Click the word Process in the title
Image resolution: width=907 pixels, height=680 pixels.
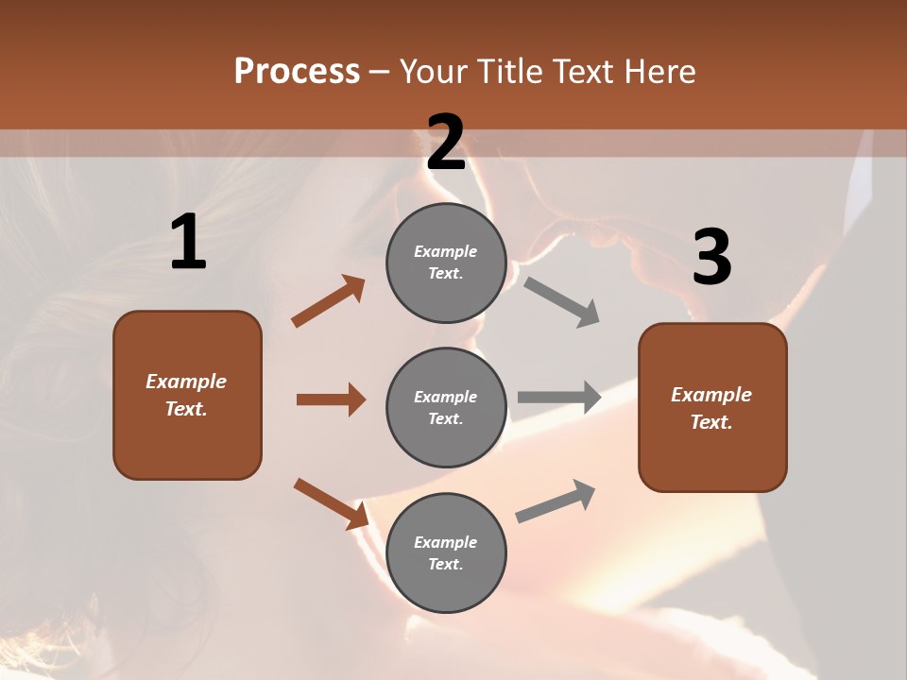coord(297,72)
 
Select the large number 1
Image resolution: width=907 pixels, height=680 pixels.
coord(188,243)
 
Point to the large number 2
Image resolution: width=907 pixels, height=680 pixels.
coord(446,143)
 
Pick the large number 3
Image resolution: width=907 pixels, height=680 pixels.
coord(711,257)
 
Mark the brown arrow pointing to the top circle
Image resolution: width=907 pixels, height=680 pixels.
coord(329,301)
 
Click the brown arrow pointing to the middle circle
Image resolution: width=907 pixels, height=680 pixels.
coord(331,399)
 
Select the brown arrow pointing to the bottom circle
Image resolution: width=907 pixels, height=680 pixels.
coord(331,503)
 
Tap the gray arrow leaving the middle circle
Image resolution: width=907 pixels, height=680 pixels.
coord(559,397)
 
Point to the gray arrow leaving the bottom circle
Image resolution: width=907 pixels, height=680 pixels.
coord(556,501)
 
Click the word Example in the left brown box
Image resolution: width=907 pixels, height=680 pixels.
coord(186,382)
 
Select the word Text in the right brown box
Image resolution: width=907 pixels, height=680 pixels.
coord(710,422)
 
